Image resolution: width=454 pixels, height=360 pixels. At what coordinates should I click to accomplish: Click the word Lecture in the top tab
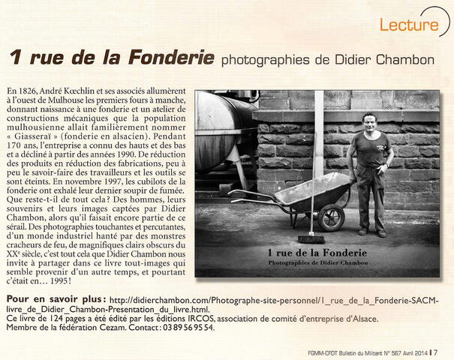[409, 24]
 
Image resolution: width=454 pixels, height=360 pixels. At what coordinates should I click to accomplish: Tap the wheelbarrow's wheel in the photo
[330, 217]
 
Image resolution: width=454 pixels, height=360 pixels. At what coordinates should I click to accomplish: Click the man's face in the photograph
[368, 122]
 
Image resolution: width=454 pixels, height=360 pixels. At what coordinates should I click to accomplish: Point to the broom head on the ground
[310, 238]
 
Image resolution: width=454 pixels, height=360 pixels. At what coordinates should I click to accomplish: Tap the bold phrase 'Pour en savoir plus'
[56, 298]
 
